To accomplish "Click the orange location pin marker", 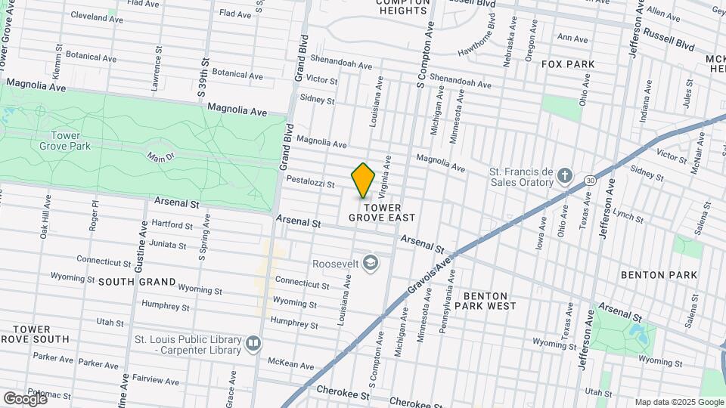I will pyautogui.click(x=364, y=180).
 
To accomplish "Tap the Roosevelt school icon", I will pyautogui.click(x=371, y=263).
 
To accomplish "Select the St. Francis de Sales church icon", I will pyautogui.click(x=564, y=178).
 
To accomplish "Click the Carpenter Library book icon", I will pyautogui.click(x=253, y=344).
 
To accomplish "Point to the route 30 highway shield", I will pyautogui.click(x=590, y=181).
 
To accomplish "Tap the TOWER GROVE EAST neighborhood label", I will pyautogui.click(x=382, y=212).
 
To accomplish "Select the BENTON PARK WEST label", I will pyautogui.click(x=489, y=301).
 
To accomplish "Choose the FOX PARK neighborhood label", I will pyautogui.click(x=568, y=64).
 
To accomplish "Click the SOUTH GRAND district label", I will pyautogui.click(x=137, y=282).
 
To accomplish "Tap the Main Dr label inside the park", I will pyautogui.click(x=160, y=156).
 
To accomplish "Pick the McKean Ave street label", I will pyautogui.click(x=291, y=365).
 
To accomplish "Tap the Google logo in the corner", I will pyautogui.click(x=25, y=397).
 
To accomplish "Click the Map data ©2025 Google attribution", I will pyautogui.click(x=678, y=402).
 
